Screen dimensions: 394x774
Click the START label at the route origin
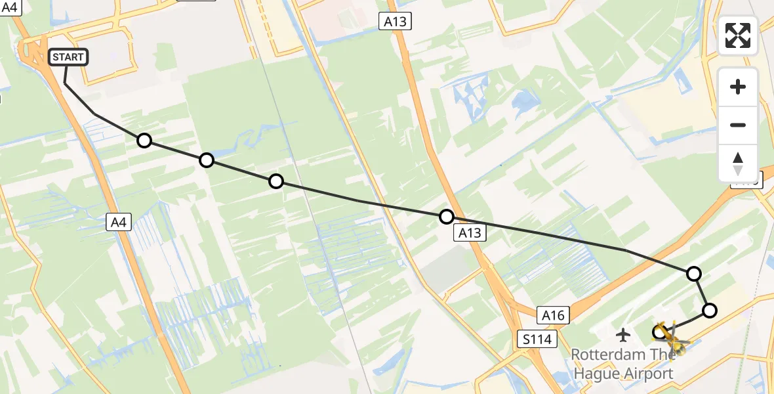(x=68, y=57)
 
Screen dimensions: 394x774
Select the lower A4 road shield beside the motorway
(x=119, y=223)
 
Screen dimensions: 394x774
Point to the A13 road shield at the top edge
(x=395, y=22)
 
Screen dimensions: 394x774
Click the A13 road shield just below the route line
(x=470, y=232)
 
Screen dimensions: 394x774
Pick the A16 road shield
(x=552, y=315)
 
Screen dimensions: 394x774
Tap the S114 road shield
(x=536, y=339)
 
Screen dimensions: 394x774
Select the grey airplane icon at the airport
(x=623, y=335)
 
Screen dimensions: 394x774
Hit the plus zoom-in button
(x=738, y=87)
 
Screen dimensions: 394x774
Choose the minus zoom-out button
(x=738, y=125)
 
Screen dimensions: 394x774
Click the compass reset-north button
(x=738, y=163)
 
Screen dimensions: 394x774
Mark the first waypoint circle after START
(x=144, y=141)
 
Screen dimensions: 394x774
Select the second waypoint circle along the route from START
(x=207, y=160)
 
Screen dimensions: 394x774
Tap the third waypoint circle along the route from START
(x=276, y=181)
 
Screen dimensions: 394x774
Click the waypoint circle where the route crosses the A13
(x=447, y=216)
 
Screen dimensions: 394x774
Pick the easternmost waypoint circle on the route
(x=709, y=311)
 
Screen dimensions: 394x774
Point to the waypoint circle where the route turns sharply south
(x=693, y=274)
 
